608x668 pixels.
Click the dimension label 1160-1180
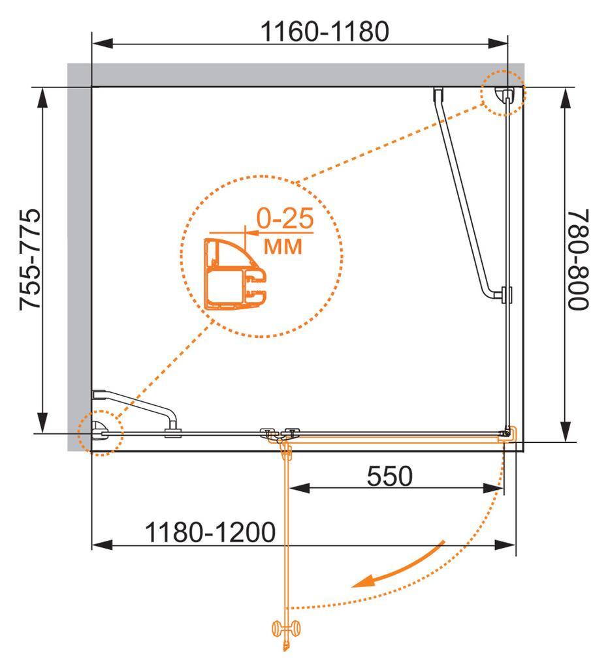[x=325, y=31]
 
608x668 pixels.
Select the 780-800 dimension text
[x=578, y=260]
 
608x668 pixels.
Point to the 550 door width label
[x=390, y=476]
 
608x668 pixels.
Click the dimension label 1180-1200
[x=210, y=532]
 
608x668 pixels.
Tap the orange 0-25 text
[x=285, y=218]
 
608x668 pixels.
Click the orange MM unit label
[x=283, y=246]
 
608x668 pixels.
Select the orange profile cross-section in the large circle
[x=235, y=274]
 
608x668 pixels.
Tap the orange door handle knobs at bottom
[x=286, y=628]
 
